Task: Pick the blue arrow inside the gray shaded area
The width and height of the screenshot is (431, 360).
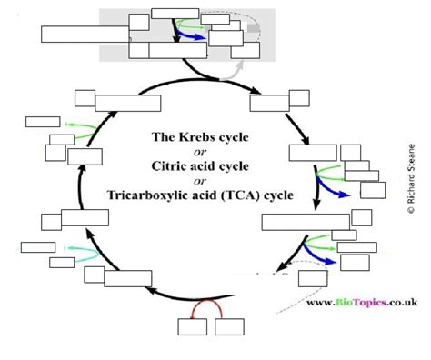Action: click(x=190, y=35)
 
